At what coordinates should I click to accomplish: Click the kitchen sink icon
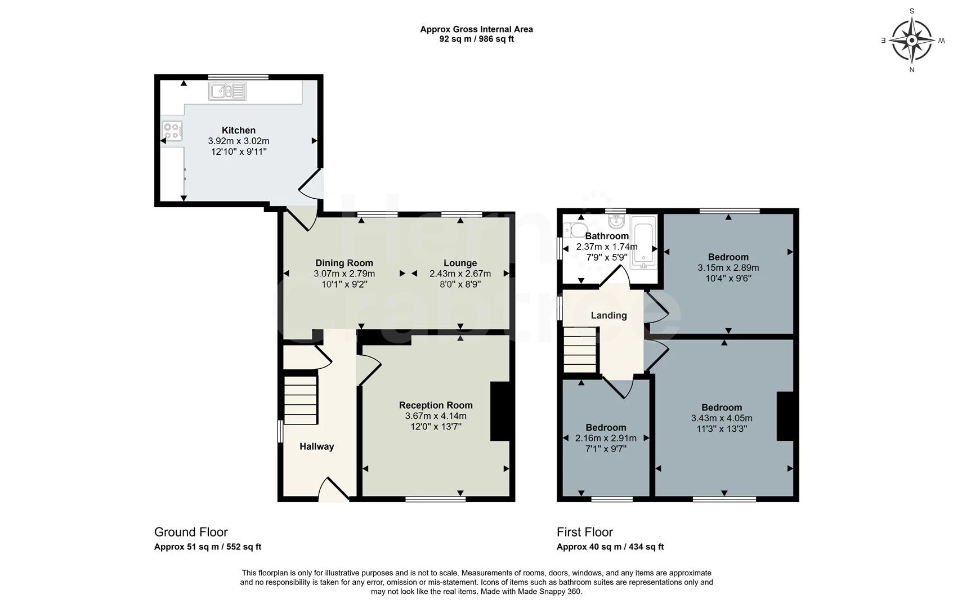[x=227, y=91]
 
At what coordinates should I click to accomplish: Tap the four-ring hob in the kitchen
[x=172, y=131]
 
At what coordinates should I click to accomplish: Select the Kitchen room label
[x=239, y=130]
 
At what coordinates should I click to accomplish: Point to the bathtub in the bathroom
[x=643, y=240]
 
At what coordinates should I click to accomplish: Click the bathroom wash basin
[x=616, y=221]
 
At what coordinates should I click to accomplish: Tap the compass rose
[x=912, y=40]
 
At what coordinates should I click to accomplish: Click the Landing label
[x=609, y=315]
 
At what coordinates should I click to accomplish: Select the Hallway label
[x=316, y=446]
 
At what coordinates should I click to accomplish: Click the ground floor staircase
[x=300, y=400]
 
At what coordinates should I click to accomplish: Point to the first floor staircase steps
[x=580, y=350]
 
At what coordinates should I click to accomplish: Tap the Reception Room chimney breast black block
[x=500, y=411]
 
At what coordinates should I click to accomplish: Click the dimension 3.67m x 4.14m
[x=436, y=416]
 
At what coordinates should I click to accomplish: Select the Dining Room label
[x=344, y=263]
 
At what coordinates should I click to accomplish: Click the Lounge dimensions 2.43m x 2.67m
[x=460, y=274]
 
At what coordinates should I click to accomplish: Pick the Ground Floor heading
[x=191, y=532]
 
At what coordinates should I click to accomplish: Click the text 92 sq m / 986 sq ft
[x=476, y=39]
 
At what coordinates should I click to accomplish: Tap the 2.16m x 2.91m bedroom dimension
[x=606, y=438]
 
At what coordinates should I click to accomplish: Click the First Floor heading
[x=584, y=532]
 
